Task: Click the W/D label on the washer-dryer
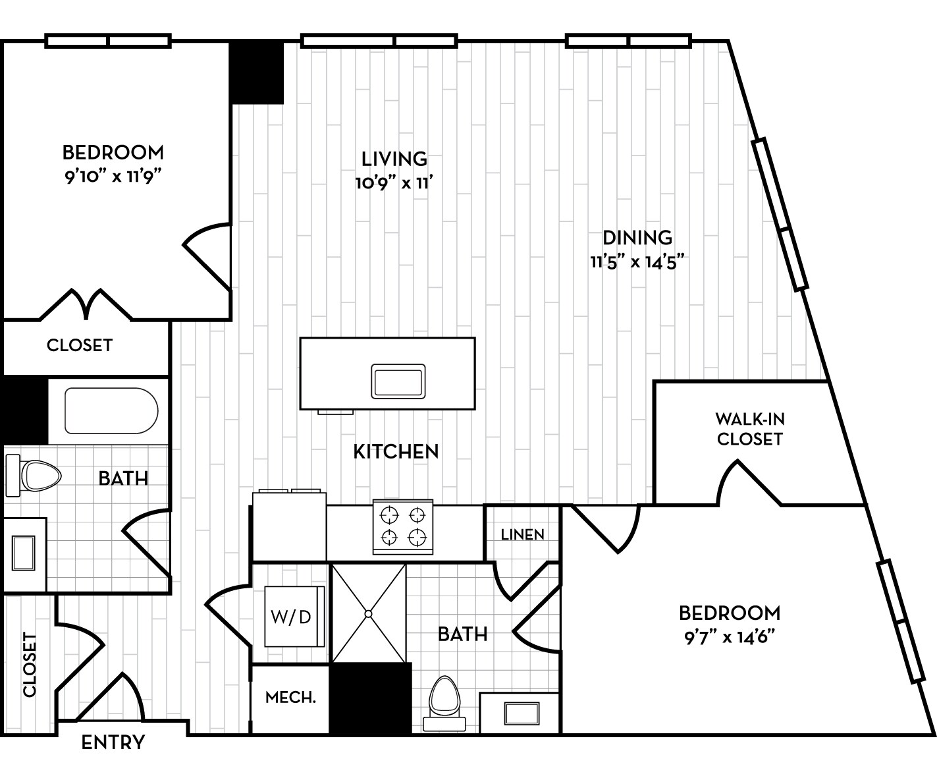pos(290,617)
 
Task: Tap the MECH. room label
pos(290,697)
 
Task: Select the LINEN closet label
pos(522,534)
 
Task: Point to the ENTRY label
pos(113,742)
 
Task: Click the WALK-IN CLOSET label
pos(749,429)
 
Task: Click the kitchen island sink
pos(397,381)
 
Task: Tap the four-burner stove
pos(403,526)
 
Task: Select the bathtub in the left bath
pos(111,410)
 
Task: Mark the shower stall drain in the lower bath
pos(368,613)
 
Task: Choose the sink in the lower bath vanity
pos(521,713)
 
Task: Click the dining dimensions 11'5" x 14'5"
pos(637,262)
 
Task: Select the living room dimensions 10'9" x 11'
pos(394,183)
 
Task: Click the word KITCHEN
pos(396,451)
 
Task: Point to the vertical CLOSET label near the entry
pos(29,664)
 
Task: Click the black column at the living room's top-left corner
pos(256,71)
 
